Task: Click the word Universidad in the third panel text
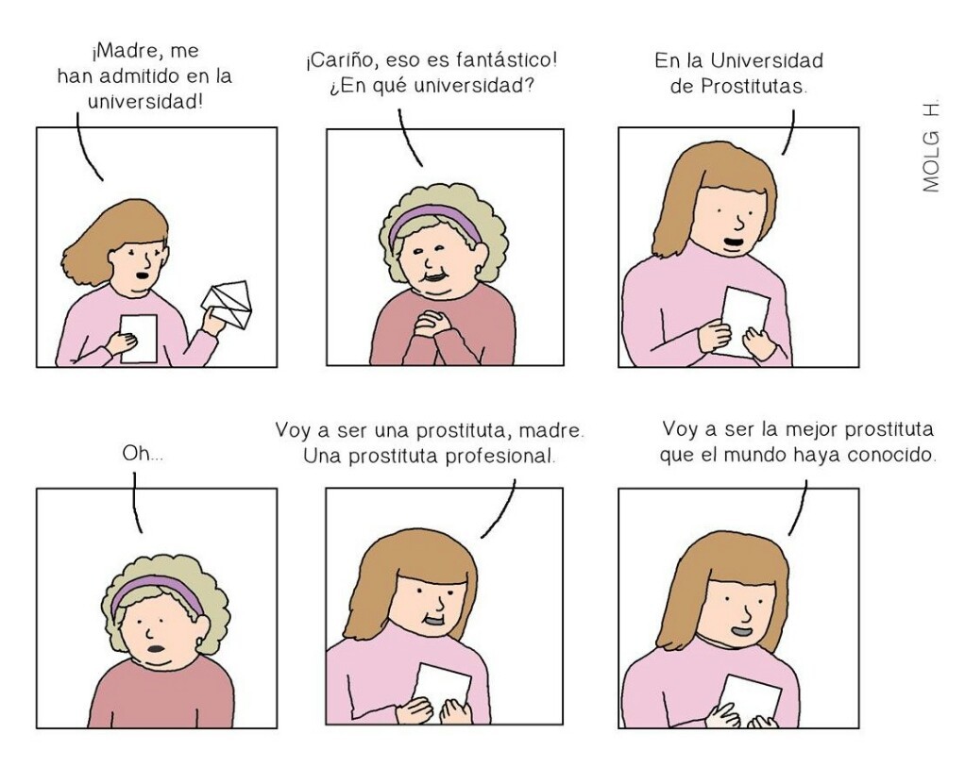tap(768, 61)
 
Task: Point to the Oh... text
tap(143, 454)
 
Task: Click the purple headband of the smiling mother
tap(433, 220)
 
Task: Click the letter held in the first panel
tap(139, 338)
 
